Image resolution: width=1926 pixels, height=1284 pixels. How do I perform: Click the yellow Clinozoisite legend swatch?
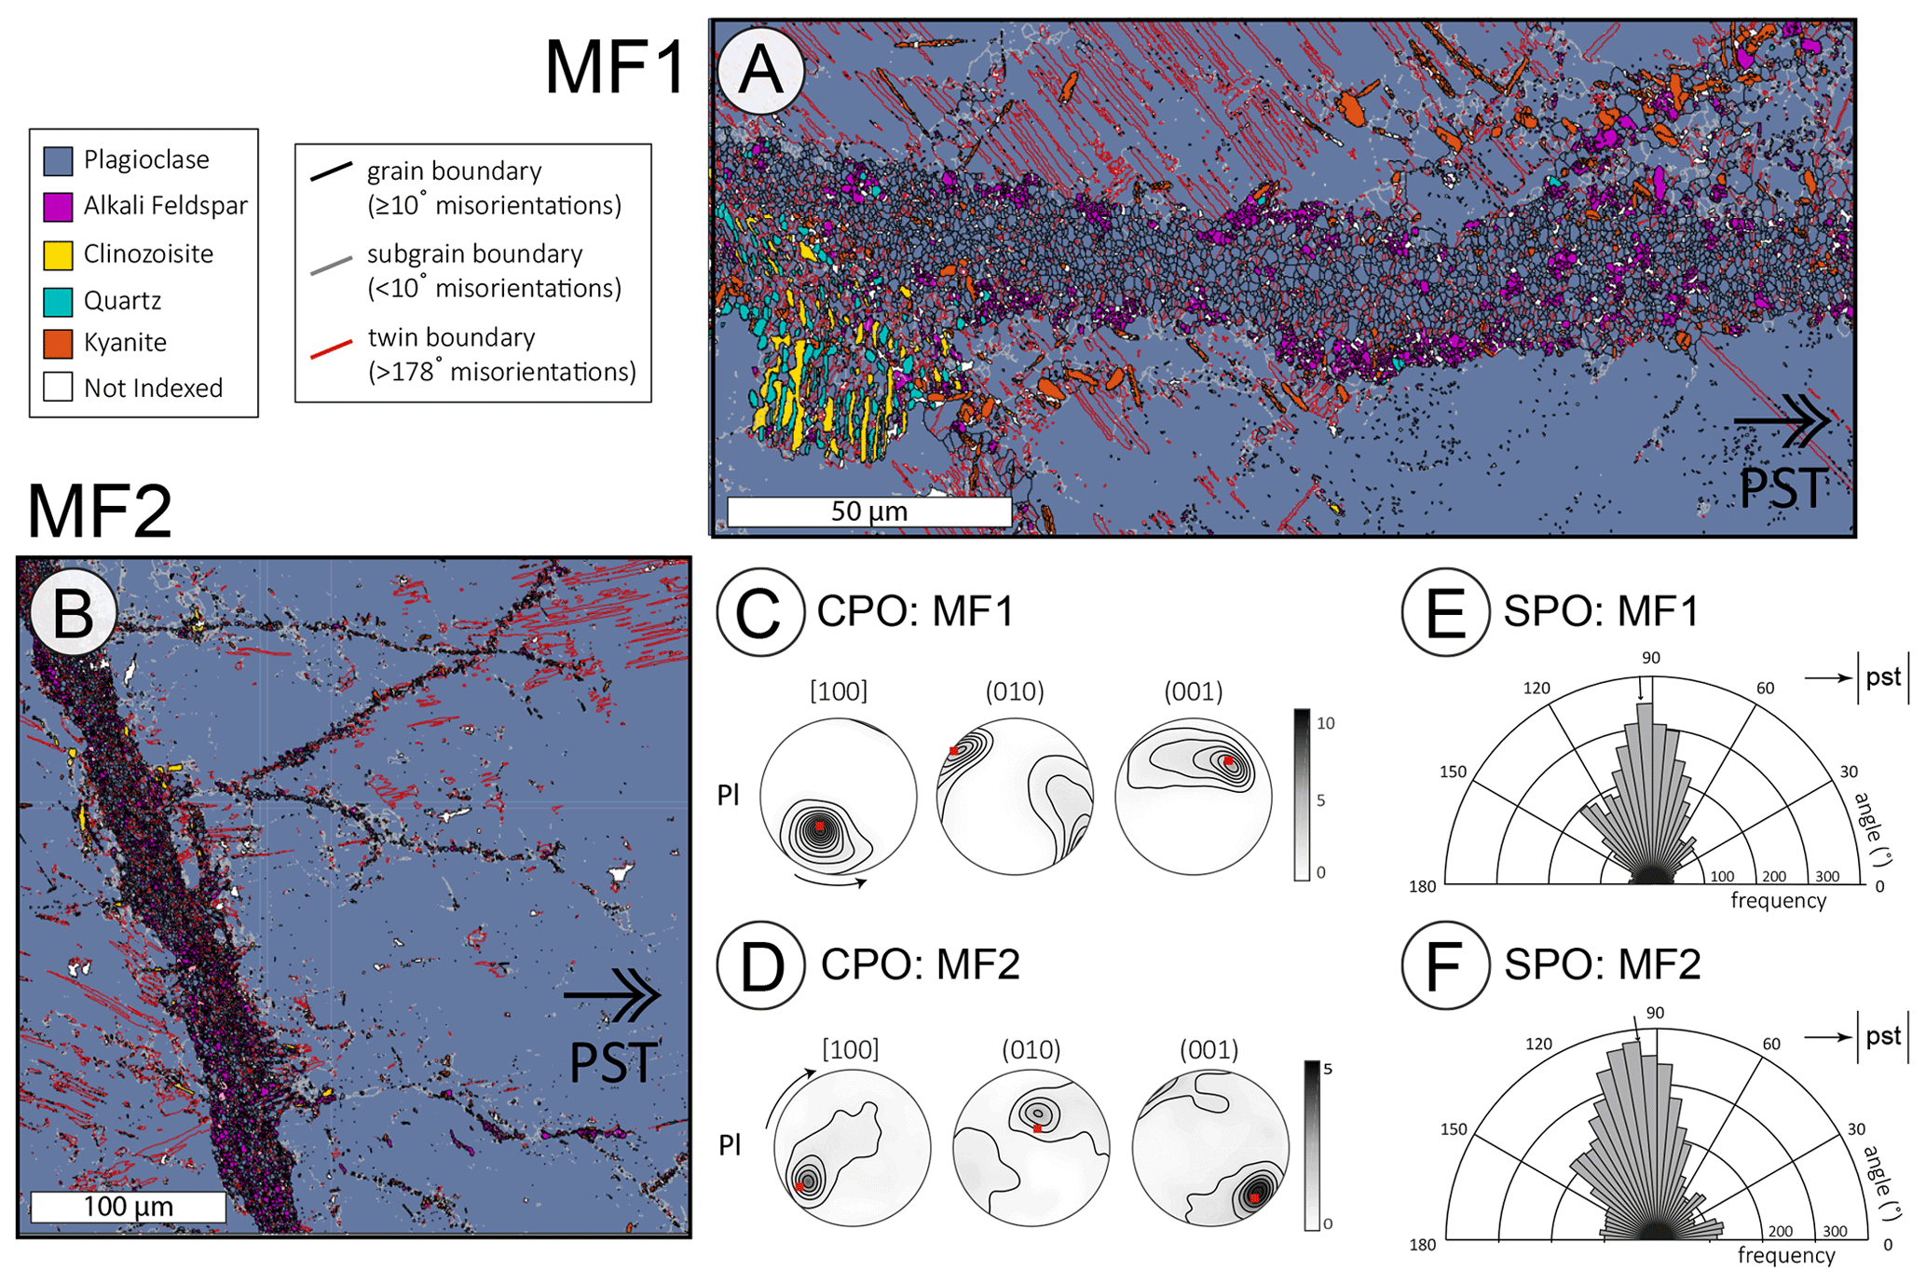coord(58,254)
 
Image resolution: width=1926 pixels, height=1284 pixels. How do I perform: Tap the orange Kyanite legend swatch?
coord(58,343)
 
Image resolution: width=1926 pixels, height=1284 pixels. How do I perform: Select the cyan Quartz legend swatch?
coord(58,301)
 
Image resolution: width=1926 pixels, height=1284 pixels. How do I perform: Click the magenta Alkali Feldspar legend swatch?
coord(58,206)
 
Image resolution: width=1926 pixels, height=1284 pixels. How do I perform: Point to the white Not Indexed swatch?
coord(58,388)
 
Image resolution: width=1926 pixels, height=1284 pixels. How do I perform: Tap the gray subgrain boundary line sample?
coord(331,266)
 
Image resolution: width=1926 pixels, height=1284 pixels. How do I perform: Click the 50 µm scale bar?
coord(868,512)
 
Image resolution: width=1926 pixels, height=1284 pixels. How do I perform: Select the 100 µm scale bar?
coord(128,1207)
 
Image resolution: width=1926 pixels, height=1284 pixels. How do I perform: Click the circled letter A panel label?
coord(760,71)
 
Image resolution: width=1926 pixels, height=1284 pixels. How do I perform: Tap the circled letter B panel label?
coord(73,613)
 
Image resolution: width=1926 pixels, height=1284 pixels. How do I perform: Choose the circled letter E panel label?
coord(1444,612)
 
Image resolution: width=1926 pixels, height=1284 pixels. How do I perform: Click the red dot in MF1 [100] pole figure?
coord(820,826)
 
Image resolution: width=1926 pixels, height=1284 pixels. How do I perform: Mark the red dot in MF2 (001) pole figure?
coord(1254,1197)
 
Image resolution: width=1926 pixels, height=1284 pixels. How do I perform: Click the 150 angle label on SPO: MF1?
coord(1453,772)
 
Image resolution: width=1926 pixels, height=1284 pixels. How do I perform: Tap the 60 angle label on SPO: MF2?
coord(1770,1045)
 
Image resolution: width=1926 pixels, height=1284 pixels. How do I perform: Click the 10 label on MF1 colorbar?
coord(1325,723)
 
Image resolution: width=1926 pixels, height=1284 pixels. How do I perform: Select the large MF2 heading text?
coord(100,512)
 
